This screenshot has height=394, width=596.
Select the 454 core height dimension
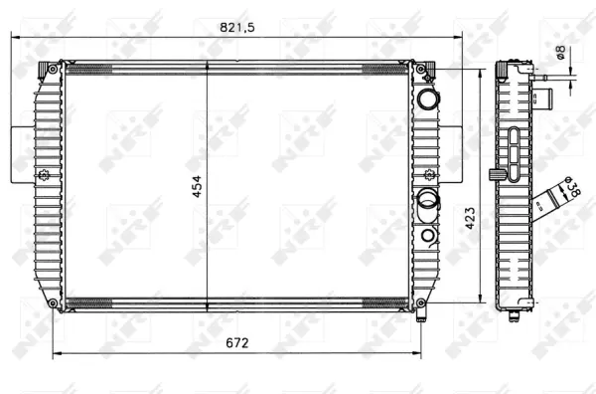tap(197, 185)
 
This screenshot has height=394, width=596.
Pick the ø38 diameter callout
tap(571, 189)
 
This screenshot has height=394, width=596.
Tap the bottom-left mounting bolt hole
tap(51, 302)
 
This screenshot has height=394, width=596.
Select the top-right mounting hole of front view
tap(420, 69)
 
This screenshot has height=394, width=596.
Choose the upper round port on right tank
tap(427, 98)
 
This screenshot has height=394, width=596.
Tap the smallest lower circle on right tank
tap(426, 235)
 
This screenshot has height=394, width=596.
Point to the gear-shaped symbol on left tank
tap(43, 176)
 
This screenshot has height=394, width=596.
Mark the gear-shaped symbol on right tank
tap(421, 176)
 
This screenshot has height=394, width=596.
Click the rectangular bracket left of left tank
tap(22, 154)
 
